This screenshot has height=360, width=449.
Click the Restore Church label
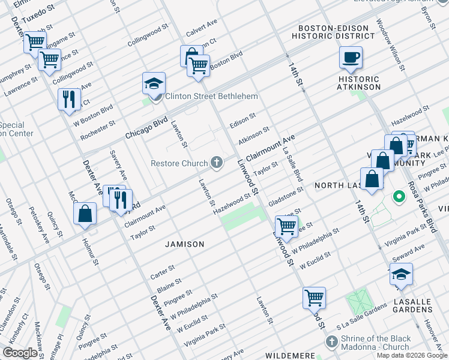tap(178, 163)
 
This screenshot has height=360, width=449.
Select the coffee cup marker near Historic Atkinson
tap(351, 58)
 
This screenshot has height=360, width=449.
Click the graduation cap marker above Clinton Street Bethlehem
tap(154, 84)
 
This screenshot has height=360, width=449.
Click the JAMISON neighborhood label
tap(185, 244)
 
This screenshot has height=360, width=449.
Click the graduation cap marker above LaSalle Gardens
tap(401, 274)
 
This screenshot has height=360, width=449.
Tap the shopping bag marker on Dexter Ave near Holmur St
tap(85, 214)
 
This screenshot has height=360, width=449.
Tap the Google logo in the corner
tap(20, 353)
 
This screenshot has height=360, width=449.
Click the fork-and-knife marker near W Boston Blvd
tap(69, 100)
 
